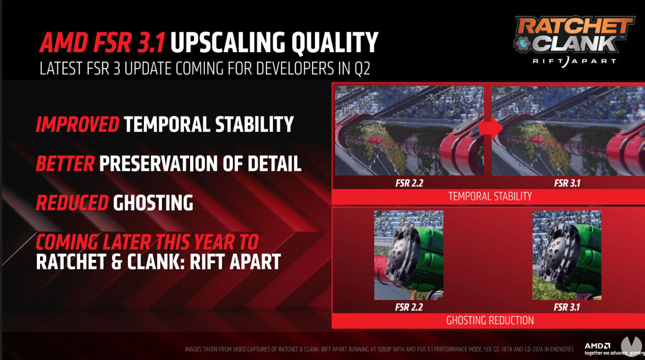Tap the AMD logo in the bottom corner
[597, 346]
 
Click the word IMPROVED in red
[77, 125]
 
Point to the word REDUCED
[72, 203]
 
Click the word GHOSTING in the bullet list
[153, 203]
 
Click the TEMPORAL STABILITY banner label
[490, 196]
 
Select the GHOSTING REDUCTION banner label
[490, 320]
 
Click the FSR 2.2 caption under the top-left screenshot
[409, 182]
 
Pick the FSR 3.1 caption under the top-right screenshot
[566, 182]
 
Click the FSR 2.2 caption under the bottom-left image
[409, 307]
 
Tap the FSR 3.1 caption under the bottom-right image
[566, 307]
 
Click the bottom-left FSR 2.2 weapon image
[409, 255]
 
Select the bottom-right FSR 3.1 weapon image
[566, 255]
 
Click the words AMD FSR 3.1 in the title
[103, 43]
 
